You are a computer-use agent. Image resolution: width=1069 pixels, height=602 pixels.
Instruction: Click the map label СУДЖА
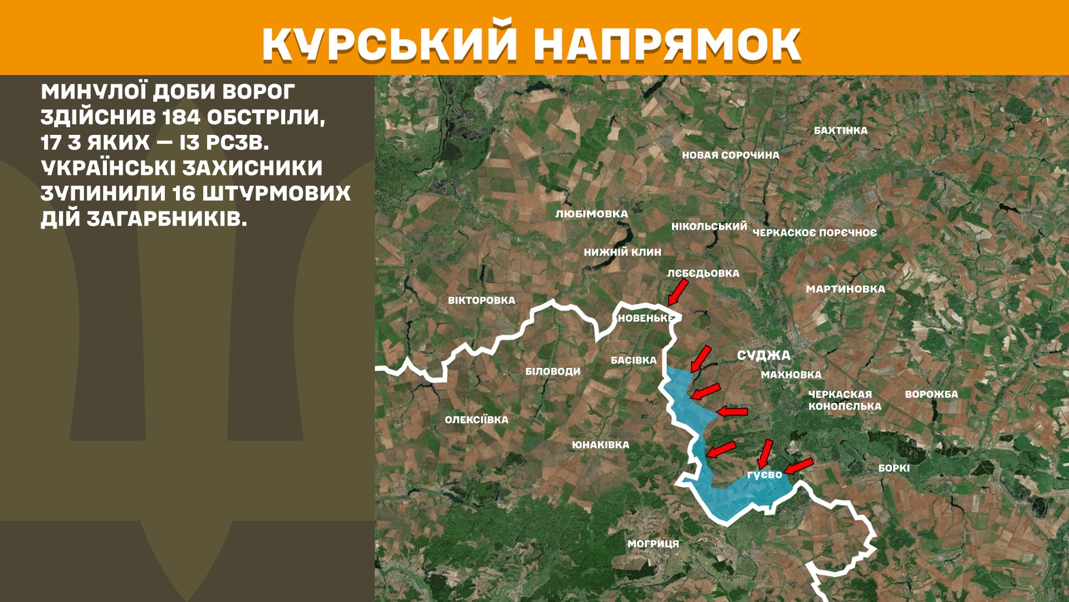point(763,355)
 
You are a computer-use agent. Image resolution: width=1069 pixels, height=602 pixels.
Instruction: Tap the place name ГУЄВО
point(764,475)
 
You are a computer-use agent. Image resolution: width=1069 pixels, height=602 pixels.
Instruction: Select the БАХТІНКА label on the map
point(841,130)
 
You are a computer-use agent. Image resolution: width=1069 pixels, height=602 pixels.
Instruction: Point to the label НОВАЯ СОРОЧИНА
point(730,155)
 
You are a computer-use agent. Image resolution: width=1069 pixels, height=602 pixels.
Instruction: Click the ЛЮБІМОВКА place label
point(591,214)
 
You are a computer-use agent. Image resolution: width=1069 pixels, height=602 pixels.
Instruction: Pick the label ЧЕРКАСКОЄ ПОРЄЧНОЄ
point(815,232)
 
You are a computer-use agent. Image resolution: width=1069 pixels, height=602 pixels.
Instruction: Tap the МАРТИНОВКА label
point(845,289)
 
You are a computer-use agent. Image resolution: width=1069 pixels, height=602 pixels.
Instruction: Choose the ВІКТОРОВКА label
point(482,300)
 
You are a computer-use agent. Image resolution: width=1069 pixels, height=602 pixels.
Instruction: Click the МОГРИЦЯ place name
point(653,543)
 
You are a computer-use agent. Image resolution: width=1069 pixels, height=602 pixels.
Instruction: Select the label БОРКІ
point(894,468)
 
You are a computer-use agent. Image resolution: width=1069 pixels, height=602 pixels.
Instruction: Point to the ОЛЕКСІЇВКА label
point(477,420)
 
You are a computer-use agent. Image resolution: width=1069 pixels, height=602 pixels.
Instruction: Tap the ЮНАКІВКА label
point(600,445)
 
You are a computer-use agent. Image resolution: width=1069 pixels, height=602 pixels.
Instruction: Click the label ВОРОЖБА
point(931,394)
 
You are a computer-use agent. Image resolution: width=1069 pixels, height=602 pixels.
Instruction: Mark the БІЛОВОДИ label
point(553,371)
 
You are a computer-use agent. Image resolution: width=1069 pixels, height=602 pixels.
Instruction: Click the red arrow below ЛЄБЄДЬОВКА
point(678,292)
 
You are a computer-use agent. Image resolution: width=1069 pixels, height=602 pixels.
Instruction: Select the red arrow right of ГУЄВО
point(799,466)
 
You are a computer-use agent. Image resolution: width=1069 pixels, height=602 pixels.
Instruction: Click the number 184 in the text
point(181,117)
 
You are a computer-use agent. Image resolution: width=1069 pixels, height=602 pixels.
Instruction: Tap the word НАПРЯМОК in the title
point(667,45)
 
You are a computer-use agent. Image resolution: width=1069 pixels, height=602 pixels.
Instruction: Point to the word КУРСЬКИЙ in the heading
point(390,45)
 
